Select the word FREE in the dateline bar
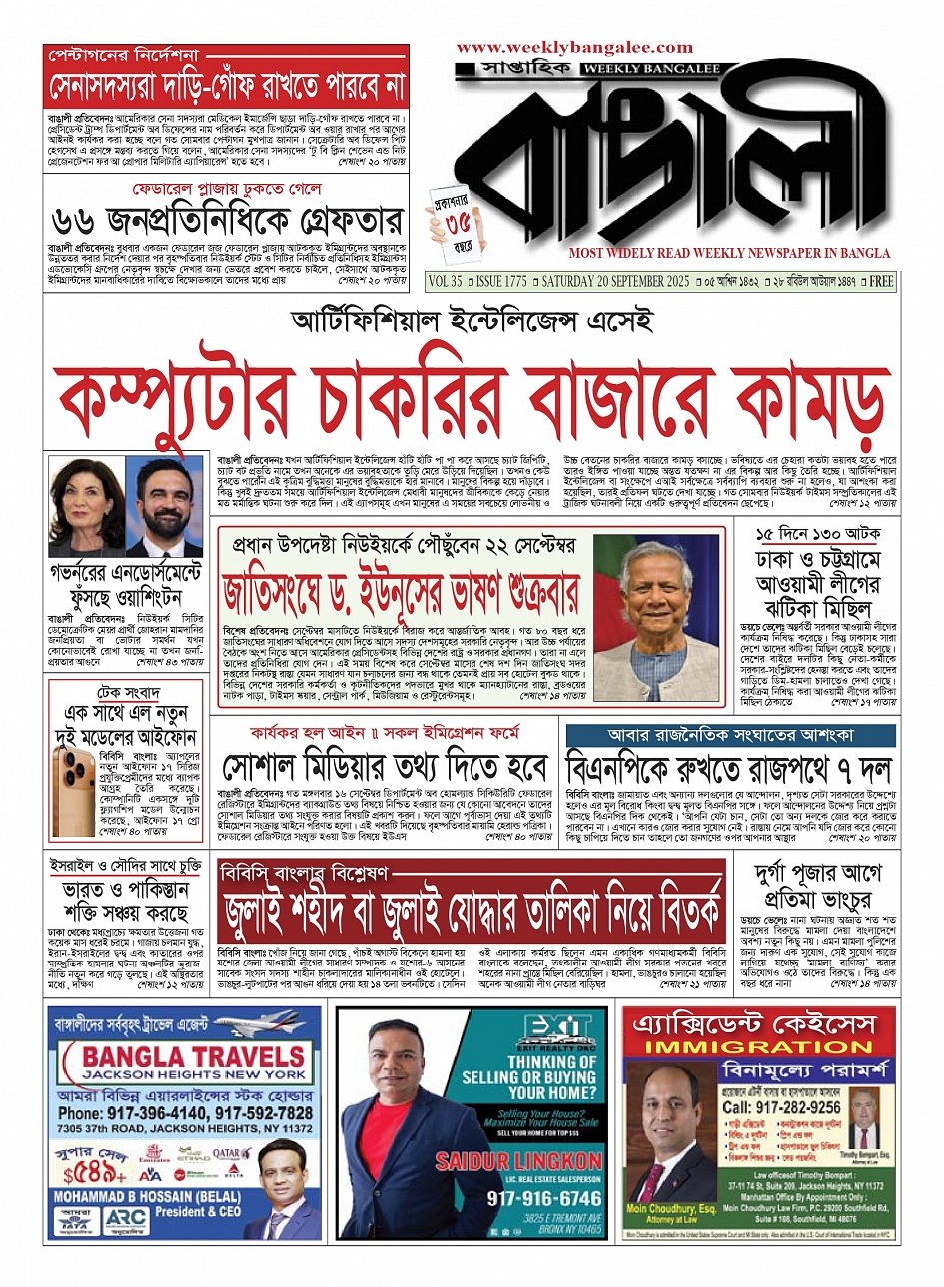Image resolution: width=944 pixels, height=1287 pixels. (x=881, y=282)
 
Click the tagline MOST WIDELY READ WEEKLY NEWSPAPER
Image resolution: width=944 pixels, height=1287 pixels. (x=729, y=254)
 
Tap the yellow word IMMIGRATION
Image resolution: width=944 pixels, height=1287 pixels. (x=758, y=1047)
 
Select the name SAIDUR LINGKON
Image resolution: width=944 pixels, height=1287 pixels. (x=518, y=1161)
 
